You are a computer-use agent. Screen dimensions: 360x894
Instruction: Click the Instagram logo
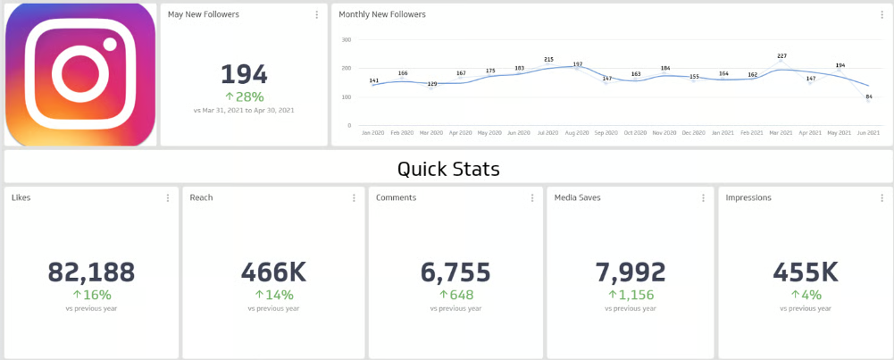[x=80, y=74]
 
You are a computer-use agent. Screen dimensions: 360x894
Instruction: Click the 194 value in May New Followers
[x=244, y=74]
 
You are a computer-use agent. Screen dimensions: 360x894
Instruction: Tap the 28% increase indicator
[x=244, y=96]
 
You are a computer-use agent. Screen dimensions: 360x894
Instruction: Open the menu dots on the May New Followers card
[x=317, y=15]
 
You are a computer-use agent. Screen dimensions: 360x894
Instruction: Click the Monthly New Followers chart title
[x=381, y=14]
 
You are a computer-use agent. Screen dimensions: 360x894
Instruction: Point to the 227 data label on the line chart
[x=782, y=56]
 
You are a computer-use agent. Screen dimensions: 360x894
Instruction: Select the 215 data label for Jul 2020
[x=548, y=60]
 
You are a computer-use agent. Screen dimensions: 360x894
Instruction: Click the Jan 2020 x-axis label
[x=374, y=132]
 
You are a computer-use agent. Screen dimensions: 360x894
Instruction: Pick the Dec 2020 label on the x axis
[x=693, y=132]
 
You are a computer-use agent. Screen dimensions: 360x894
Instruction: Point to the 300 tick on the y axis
[x=347, y=40]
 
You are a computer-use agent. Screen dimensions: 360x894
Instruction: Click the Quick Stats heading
[x=448, y=169]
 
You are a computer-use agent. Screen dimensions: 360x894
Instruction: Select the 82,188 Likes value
[x=91, y=272]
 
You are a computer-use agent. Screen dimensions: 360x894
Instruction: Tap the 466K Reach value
[x=272, y=272]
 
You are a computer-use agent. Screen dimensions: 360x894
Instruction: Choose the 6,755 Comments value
[x=455, y=272]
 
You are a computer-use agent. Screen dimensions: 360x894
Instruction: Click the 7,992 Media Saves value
[x=631, y=272]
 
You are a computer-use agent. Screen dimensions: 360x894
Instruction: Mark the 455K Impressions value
[x=805, y=272]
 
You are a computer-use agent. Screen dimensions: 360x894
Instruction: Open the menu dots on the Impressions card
[x=881, y=198]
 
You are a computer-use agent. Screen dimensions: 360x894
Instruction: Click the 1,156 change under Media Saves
[x=635, y=295]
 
